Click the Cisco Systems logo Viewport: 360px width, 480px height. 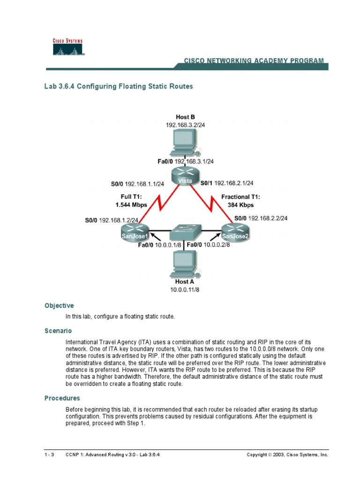67,47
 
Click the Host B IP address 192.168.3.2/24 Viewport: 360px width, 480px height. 185,125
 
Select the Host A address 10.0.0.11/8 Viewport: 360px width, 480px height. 185,290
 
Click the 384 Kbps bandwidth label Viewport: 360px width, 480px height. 241,205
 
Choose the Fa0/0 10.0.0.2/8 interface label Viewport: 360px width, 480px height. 208,244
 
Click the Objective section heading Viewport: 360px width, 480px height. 59,306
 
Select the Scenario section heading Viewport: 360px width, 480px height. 58,330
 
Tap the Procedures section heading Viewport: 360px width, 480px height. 62,398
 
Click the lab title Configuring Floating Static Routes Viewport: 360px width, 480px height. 119,86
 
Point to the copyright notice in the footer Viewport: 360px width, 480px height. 287,455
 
